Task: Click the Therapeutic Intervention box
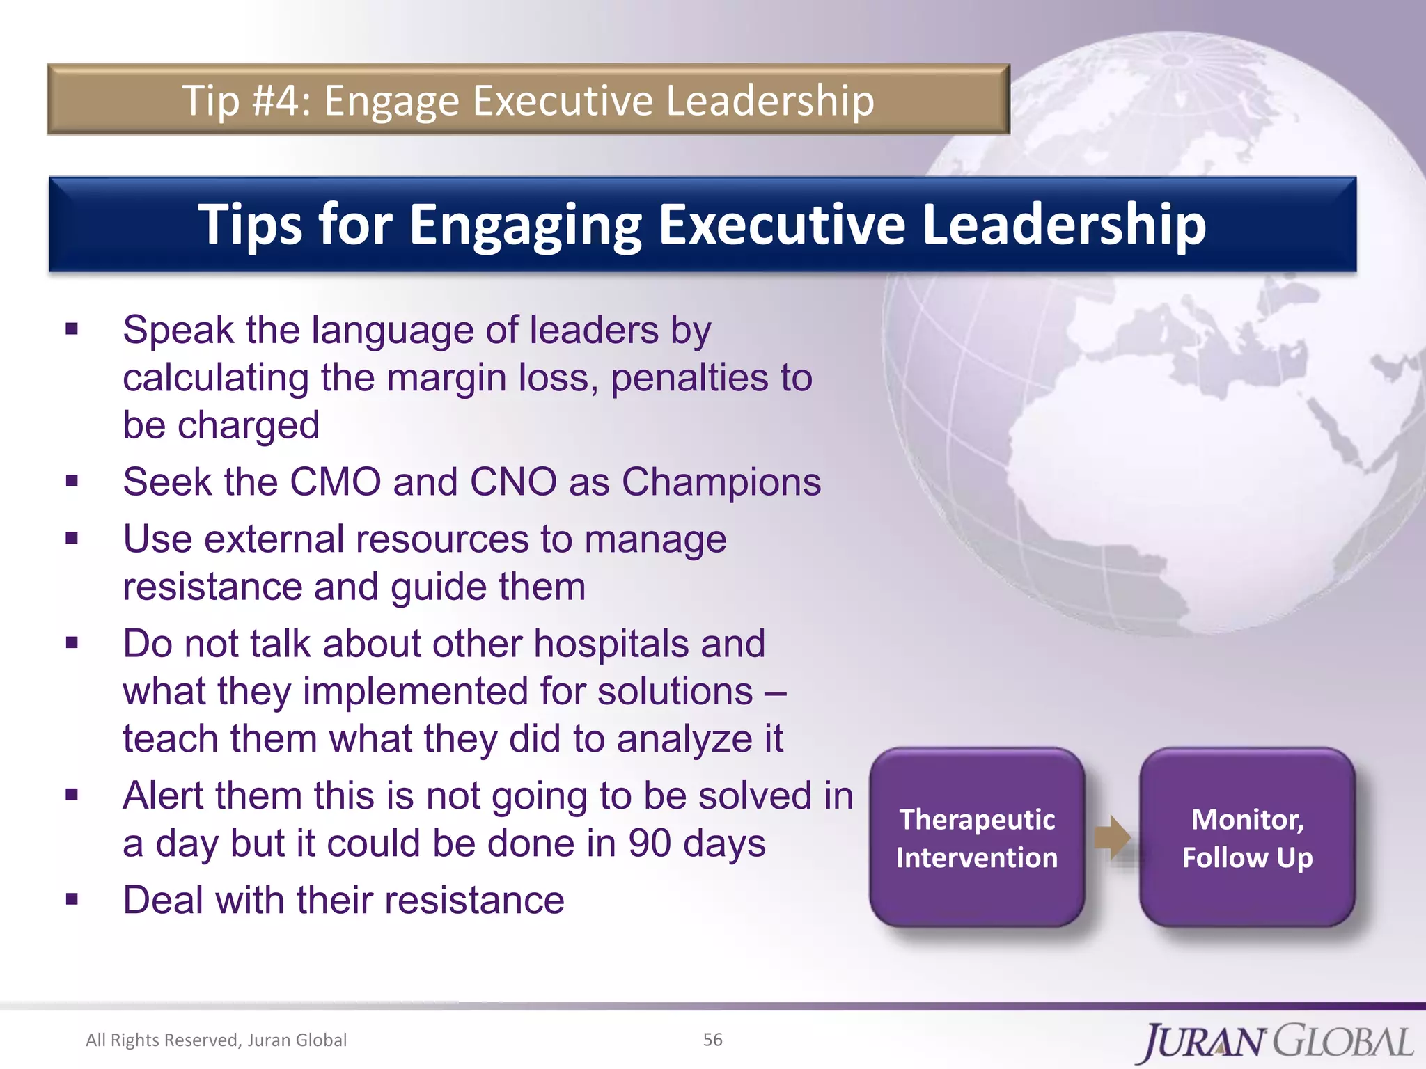pos(976,838)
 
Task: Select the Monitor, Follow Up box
pos(1247,838)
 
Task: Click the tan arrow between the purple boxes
pos(1112,837)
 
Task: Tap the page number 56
pos(712,1040)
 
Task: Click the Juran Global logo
pos(1277,1042)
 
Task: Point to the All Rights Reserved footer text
pos(216,1040)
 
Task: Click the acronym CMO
pos(335,482)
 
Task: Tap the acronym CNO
pos(513,482)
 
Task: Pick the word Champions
pos(721,482)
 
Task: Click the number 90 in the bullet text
pos(650,844)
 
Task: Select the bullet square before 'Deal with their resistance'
pos(72,899)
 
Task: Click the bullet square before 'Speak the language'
pos(72,328)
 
